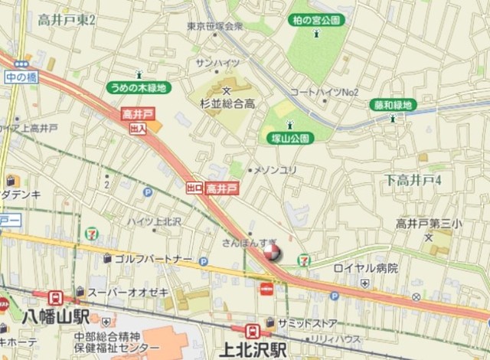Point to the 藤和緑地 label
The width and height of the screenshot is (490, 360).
[x=393, y=105]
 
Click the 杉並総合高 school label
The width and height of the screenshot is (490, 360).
[x=227, y=103]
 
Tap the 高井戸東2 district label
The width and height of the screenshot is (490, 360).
[x=66, y=21]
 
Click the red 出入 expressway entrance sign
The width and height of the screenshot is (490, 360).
[x=138, y=129]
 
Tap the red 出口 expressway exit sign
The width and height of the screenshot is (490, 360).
[x=194, y=187]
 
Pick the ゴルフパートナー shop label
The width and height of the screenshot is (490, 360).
[x=154, y=260]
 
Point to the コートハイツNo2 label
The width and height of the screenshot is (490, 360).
[x=325, y=93]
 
